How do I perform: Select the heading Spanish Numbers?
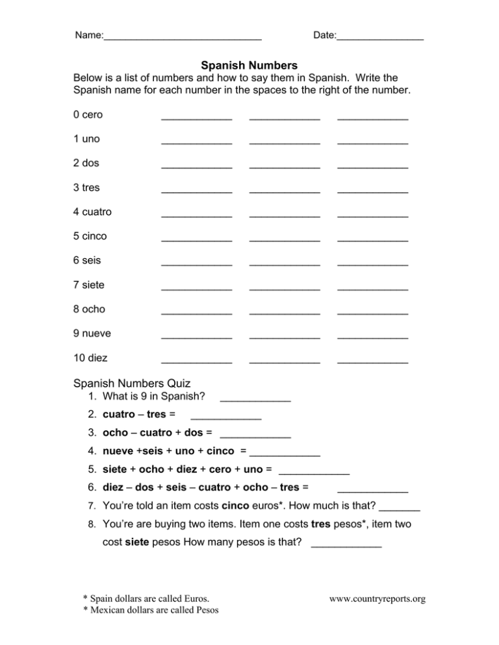249,66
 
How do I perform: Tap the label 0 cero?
88,115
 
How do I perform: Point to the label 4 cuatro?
93,212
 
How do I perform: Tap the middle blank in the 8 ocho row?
285,311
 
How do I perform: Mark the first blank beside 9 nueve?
196,336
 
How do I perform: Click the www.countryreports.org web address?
377,599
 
